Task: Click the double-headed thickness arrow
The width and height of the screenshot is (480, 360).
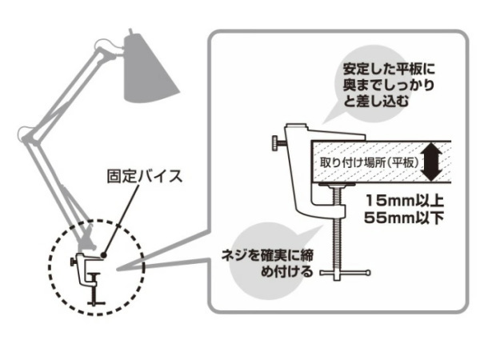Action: click(433, 160)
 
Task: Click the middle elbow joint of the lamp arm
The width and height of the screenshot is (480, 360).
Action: click(26, 134)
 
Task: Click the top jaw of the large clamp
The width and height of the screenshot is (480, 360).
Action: click(320, 131)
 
